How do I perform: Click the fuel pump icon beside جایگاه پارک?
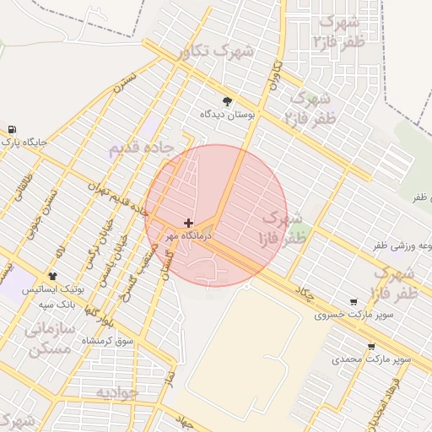click(11, 129)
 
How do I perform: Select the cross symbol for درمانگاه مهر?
click(187, 223)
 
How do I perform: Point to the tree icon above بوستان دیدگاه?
click(227, 100)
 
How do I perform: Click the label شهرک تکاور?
click(216, 51)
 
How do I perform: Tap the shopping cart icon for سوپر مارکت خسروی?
click(353, 301)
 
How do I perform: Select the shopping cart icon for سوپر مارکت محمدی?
click(370, 346)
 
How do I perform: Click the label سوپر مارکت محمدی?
click(371, 359)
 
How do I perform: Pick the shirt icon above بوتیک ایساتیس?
click(52, 276)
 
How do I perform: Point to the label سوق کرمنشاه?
click(108, 340)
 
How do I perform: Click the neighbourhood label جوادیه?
click(116, 393)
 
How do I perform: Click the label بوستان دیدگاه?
click(227, 113)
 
